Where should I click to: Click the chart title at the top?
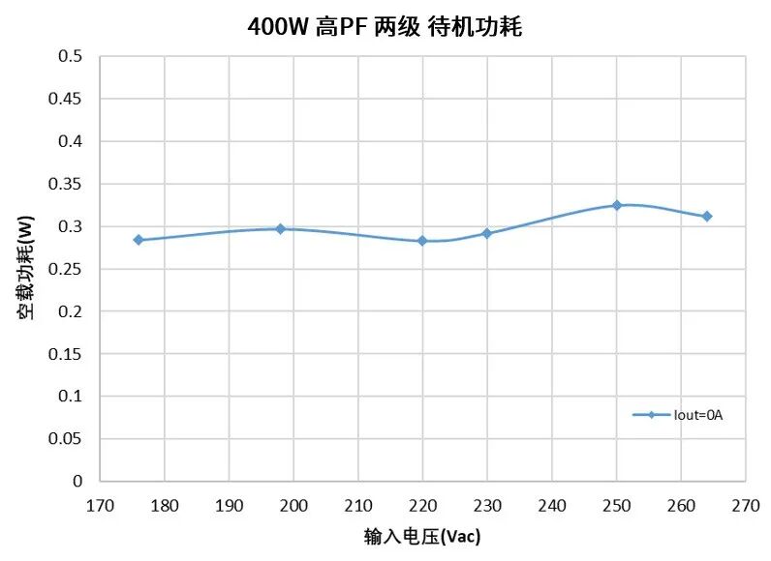coord(385,27)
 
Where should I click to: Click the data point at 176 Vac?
coord(139,240)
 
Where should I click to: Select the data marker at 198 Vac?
coord(280,229)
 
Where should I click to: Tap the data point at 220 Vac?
coord(422,241)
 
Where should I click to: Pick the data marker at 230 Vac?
coord(487,233)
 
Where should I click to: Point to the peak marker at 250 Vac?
coord(616,205)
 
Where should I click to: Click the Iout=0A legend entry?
coord(679,415)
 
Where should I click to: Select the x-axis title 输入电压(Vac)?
coord(422,535)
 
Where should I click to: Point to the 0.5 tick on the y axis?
coord(72,57)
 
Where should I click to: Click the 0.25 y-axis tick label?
coord(67,269)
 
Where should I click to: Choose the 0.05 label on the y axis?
coord(67,439)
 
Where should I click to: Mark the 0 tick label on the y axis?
coord(78,481)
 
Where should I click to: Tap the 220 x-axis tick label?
coord(422,505)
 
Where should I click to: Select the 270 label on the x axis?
coord(745,505)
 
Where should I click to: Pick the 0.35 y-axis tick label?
coord(67,185)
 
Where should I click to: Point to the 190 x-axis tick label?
coord(229,505)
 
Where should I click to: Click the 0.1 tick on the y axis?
coord(72,397)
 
